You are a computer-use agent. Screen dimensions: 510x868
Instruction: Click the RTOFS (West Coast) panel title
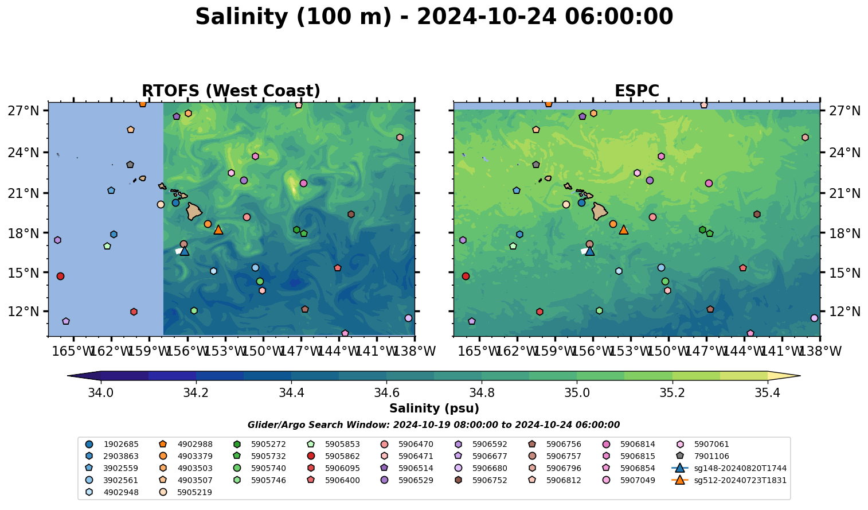230,91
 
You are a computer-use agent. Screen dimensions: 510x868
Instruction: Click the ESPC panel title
636,91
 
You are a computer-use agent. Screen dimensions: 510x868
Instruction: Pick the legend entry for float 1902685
121,444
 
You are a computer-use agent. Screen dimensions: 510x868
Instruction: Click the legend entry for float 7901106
711,456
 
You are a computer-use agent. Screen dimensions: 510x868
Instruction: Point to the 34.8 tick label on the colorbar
482,394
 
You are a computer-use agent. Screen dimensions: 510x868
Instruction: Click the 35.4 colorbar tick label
767,394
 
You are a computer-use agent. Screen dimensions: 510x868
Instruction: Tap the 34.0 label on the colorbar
101,394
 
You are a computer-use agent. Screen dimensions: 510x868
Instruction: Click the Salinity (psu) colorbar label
434,408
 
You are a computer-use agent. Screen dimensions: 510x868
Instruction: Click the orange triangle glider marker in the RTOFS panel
218,229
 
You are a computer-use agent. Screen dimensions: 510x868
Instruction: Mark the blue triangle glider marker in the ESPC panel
589,251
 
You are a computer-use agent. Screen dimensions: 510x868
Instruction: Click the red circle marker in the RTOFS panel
60,276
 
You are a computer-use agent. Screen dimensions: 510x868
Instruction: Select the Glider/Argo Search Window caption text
433,425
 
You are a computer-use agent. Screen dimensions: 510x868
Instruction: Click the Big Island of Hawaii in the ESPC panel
600,211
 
